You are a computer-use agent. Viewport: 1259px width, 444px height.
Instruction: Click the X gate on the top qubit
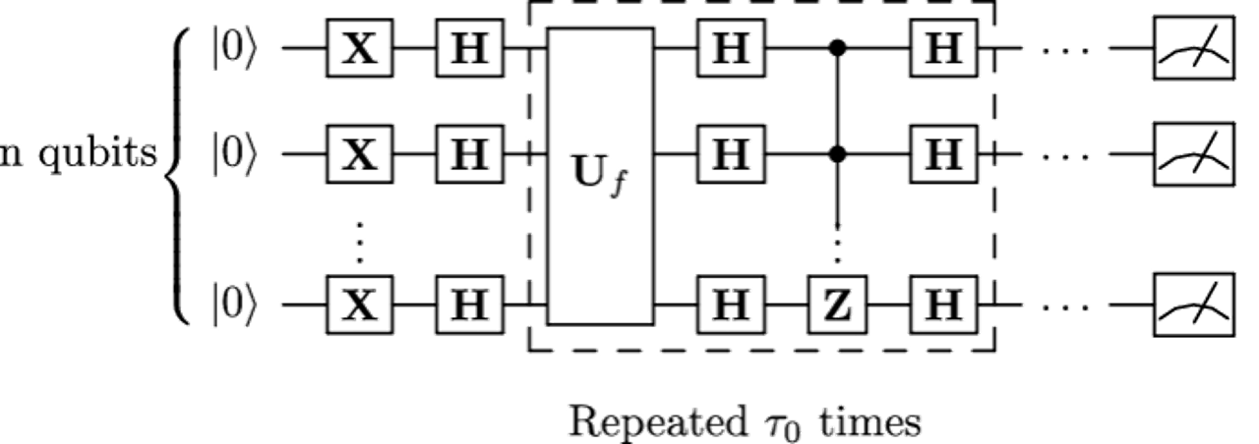(x=359, y=46)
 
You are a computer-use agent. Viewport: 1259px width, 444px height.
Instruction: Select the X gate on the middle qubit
(x=359, y=154)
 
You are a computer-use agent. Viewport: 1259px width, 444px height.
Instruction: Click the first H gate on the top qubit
(x=469, y=46)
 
